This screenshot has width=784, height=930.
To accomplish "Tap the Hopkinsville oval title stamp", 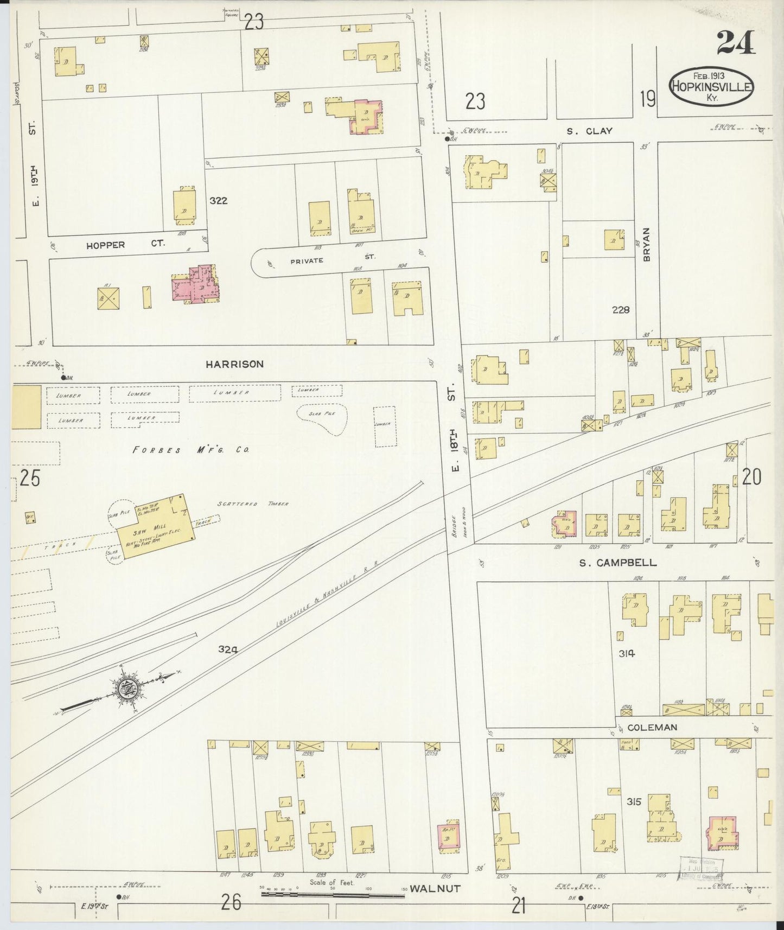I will [711, 87].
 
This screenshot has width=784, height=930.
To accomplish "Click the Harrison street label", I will [234, 364].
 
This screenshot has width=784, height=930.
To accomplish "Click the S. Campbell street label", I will [617, 563].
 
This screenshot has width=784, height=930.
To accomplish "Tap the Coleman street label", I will [652, 727].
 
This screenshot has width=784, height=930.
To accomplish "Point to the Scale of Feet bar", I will [334, 893].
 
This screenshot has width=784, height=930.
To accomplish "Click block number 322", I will [219, 201].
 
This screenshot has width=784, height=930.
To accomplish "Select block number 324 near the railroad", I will [228, 648].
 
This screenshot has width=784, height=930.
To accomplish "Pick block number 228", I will [620, 310].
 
